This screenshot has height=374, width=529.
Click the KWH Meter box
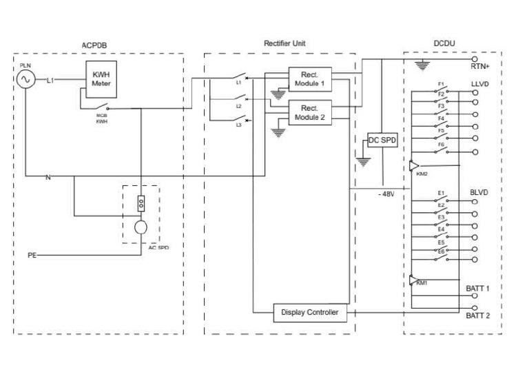click(101, 79)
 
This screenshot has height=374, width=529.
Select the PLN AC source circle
click(25, 79)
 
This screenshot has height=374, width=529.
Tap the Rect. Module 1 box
click(310, 79)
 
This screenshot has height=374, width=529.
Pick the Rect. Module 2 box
click(310, 113)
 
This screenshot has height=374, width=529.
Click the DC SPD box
click(382, 140)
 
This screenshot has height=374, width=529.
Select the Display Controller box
click(310, 313)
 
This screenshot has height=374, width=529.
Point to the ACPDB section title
click(94, 45)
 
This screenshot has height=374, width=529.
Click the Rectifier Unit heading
click(284, 43)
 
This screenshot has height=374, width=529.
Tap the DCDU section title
click(444, 43)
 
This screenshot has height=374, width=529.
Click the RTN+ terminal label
click(479, 66)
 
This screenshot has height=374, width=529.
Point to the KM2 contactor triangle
click(414, 165)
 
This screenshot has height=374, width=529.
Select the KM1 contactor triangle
click(413, 280)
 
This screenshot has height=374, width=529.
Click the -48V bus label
click(386, 194)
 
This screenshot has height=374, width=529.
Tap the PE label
click(32, 256)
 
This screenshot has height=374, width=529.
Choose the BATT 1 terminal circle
click(475, 295)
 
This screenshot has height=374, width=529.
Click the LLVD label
click(479, 84)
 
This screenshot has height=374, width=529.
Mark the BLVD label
click(479, 193)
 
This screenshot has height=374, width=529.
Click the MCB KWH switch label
click(101, 118)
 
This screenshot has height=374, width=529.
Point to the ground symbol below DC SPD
click(363, 163)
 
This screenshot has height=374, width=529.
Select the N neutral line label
click(48, 178)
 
